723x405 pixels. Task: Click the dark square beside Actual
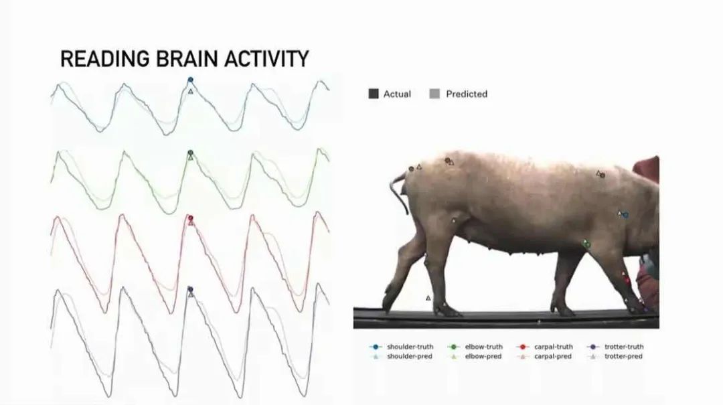click(374, 94)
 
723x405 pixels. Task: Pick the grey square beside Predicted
click(434, 94)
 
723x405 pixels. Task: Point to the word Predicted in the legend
click(467, 94)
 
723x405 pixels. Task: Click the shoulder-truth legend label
click(410, 346)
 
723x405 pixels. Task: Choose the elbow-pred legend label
click(483, 356)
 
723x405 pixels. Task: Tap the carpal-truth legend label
click(554, 346)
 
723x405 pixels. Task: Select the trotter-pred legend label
click(623, 356)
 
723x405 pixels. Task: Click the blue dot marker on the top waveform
click(190, 80)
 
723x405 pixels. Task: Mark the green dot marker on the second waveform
click(190, 153)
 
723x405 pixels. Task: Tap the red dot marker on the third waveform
click(190, 218)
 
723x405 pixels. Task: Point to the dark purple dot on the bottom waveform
click(190, 289)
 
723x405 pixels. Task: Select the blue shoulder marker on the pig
click(625, 215)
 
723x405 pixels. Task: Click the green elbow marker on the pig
click(587, 244)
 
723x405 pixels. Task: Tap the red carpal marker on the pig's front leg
click(627, 280)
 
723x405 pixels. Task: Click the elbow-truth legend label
click(484, 346)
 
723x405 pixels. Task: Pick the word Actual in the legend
click(397, 94)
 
